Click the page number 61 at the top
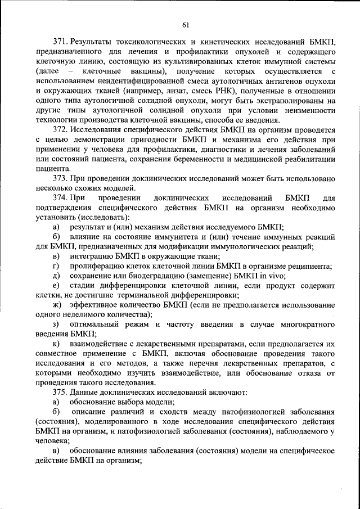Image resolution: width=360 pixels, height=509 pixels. click(x=186, y=24)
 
